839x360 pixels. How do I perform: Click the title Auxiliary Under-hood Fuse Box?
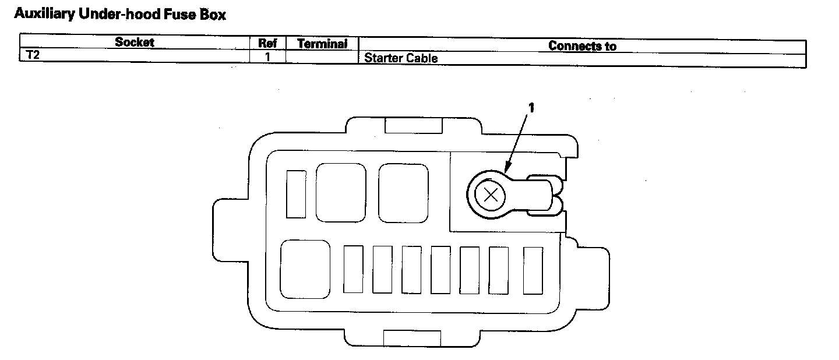(x=119, y=15)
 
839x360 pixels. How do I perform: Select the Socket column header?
(x=135, y=43)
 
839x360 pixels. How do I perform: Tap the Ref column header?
(x=267, y=43)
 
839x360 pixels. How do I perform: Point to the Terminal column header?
(x=322, y=44)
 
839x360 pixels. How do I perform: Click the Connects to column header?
(x=582, y=46)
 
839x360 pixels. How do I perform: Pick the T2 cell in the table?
(x=33, y=56)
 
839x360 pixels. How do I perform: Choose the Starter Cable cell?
(x=401, y=58)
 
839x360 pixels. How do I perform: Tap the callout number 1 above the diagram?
(x=531, y=107)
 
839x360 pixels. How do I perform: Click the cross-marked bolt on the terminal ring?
(x=491, y=196)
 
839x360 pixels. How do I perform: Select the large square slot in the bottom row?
(x=305, y=269)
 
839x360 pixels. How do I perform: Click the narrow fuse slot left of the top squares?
(x=297, y=195)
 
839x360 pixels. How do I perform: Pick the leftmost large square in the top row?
(x=341, y=192)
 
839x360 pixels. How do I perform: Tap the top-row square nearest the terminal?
(x=403, y=193)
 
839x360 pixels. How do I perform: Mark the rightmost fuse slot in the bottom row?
(x=533, y=270)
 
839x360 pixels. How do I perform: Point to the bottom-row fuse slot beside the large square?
(x=353, y=269)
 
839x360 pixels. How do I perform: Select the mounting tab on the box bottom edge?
(x=412, y=337)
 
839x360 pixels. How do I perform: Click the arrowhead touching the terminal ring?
(x=505, y=171)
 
